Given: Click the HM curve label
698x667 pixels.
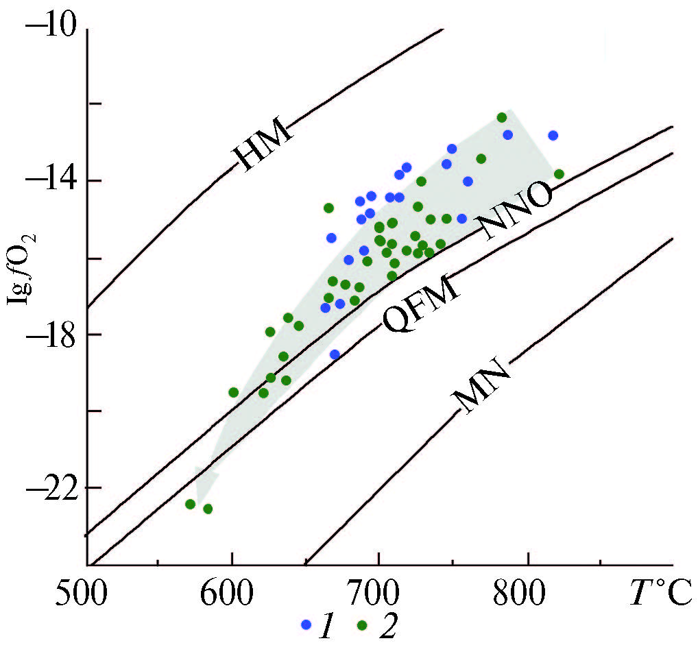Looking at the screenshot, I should point(263,145).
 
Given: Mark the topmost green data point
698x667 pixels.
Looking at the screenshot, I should point(501,117).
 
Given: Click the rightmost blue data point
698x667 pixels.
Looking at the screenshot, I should point(553,135).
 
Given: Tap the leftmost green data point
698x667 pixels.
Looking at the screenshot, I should point(190,504).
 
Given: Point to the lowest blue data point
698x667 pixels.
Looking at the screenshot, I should point(335,354).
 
